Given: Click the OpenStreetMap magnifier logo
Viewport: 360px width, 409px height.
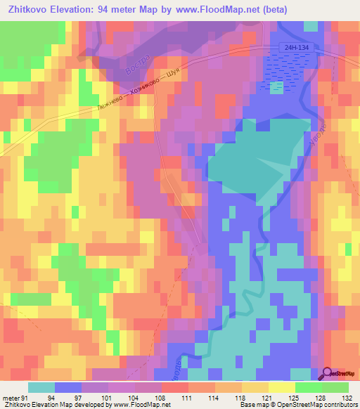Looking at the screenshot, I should pos(328,373).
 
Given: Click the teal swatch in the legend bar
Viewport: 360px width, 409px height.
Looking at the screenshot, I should pos(41,387).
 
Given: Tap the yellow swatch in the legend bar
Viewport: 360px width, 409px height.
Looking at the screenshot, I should pos(282,387).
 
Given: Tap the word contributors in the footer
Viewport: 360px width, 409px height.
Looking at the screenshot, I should pos(338,404).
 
